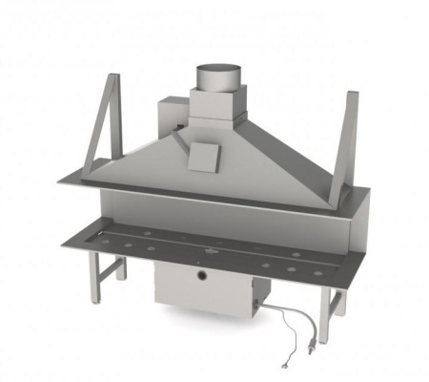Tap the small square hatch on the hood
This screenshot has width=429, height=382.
point(204,156)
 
